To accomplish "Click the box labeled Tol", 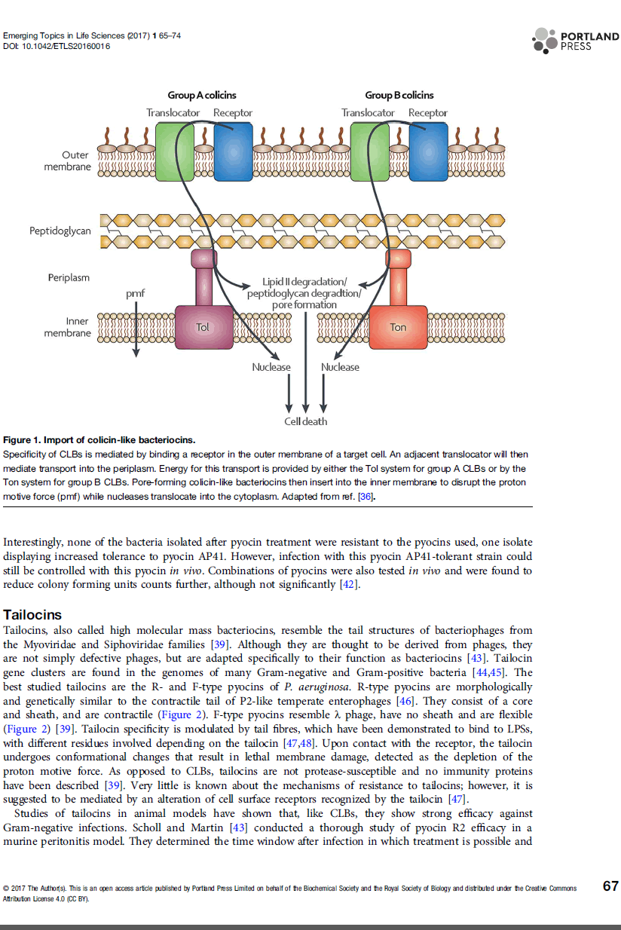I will pyautogui.click(x=203, y=326).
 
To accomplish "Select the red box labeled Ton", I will pyautogui.click(x=397, y=326).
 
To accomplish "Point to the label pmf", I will pyautogui.click(x=136, y=292).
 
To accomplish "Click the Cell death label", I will pyautogui.click(x=305, y=421).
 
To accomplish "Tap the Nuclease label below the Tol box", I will pyautogui.click(x=271, y=367).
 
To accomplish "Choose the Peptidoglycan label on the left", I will pyautogui.click(x=60, y=231).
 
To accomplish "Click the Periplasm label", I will pyautogui.click(x=69, y=277).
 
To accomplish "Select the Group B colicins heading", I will pyautogui.click(x=399, y=95).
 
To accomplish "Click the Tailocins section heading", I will pyautogui.click(x=32, y=615).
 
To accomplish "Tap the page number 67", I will pyautogui.click(x=610, y=886).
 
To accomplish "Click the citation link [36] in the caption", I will pyautogui.click(x=366, y=497).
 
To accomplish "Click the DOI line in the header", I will pyautogui.click(x=57, y=46).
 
